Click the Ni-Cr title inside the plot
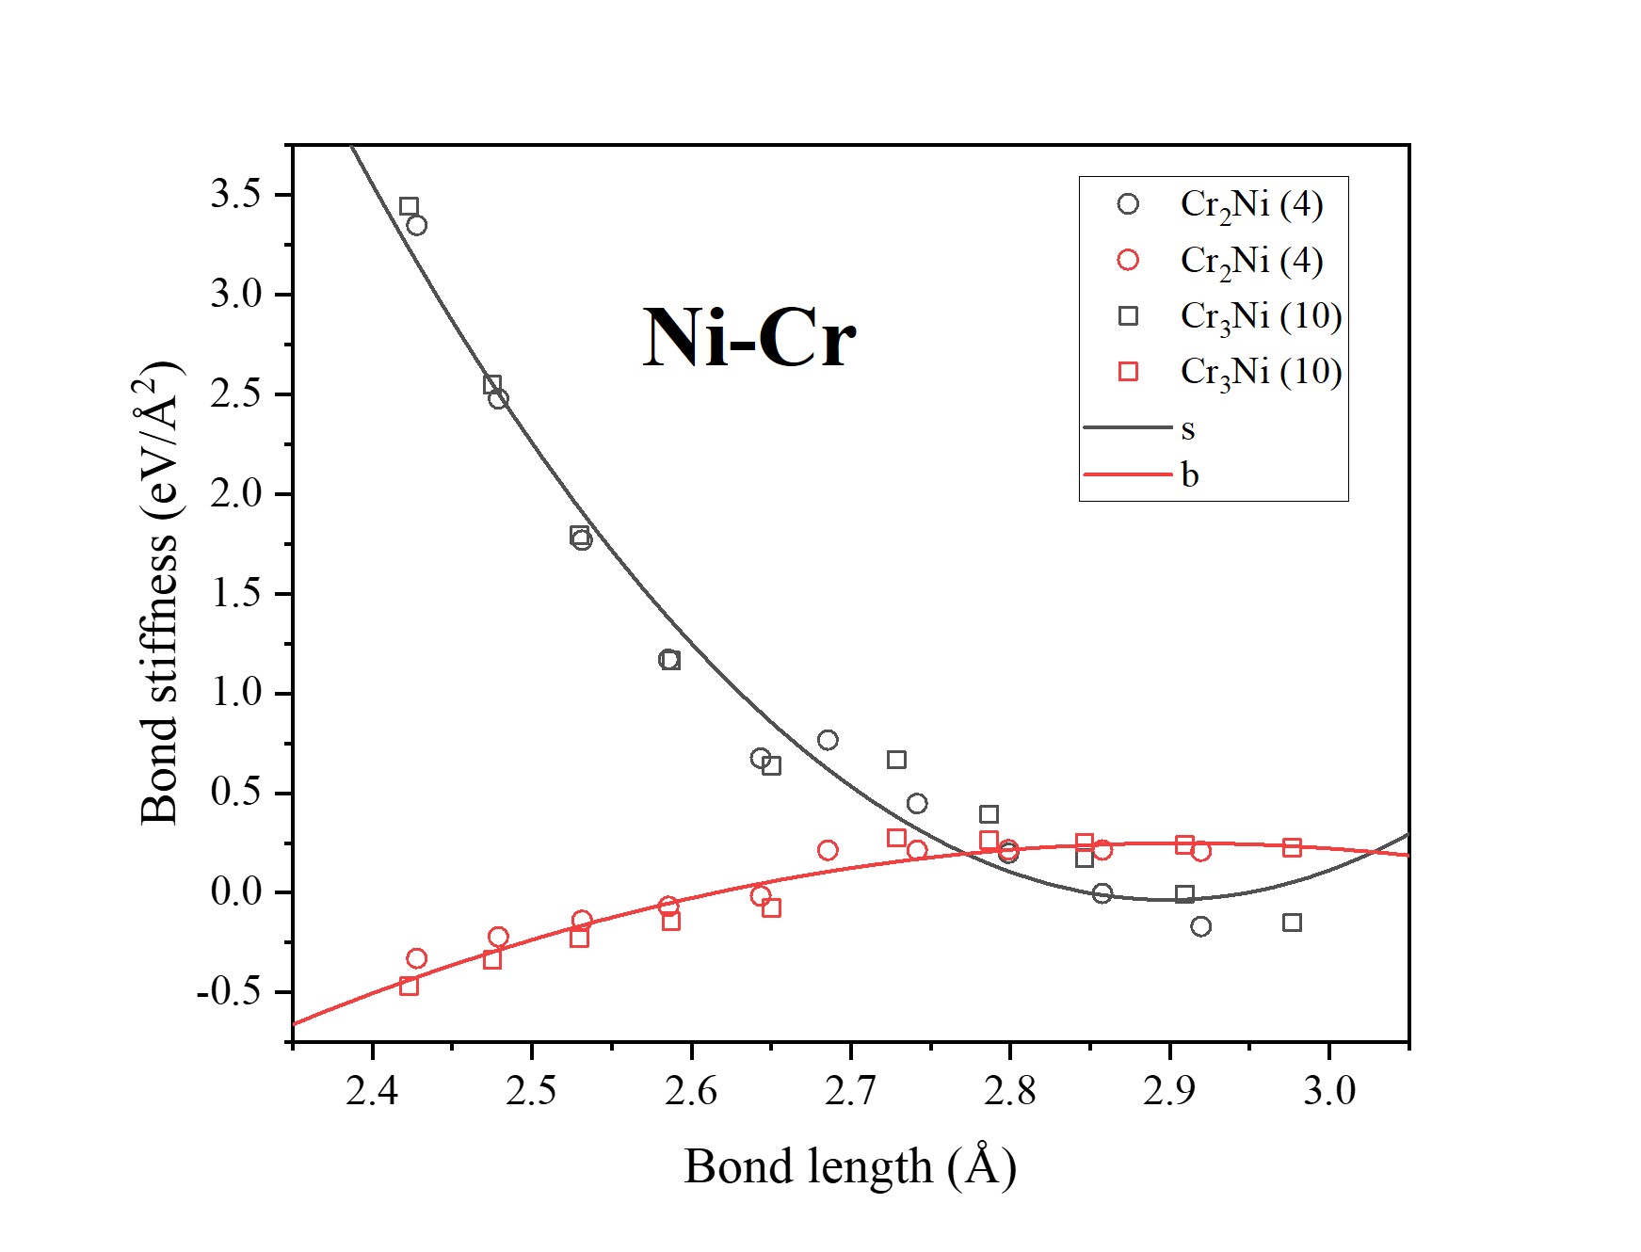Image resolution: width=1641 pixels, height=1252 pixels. point(749,338)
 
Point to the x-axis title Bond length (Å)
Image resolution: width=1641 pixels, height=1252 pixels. point(850,1166)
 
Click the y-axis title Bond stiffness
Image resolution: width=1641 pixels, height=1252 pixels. point(160,593)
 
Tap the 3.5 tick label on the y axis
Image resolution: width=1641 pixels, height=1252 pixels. point(236,195)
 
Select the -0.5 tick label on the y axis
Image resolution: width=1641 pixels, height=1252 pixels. point(230,992)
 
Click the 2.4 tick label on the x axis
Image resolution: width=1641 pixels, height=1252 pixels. point(373,1091)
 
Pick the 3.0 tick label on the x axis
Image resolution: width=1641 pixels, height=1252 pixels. point(1329,1091)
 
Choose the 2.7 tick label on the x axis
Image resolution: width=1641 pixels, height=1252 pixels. point(850,1091)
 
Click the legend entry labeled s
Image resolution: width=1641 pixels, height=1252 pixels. point(1188,429)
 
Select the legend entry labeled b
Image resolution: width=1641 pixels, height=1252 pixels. point(1190,475)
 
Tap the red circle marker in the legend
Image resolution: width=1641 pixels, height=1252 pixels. point(1128,260)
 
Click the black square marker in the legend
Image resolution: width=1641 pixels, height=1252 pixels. point(1128,316)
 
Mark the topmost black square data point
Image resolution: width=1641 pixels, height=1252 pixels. point(409,206)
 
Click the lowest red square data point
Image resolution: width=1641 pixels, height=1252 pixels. point(409,986)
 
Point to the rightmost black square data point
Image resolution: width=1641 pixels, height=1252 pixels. point(1292,923)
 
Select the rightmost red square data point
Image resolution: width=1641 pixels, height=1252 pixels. point(1292,848)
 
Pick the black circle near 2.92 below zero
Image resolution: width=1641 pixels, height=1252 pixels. point(1200,926)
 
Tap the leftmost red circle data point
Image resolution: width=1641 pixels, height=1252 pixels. point(417,958)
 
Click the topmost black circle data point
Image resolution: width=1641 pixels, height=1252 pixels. point(417,225)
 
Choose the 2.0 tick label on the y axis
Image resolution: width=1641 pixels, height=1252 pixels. point(236,493)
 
